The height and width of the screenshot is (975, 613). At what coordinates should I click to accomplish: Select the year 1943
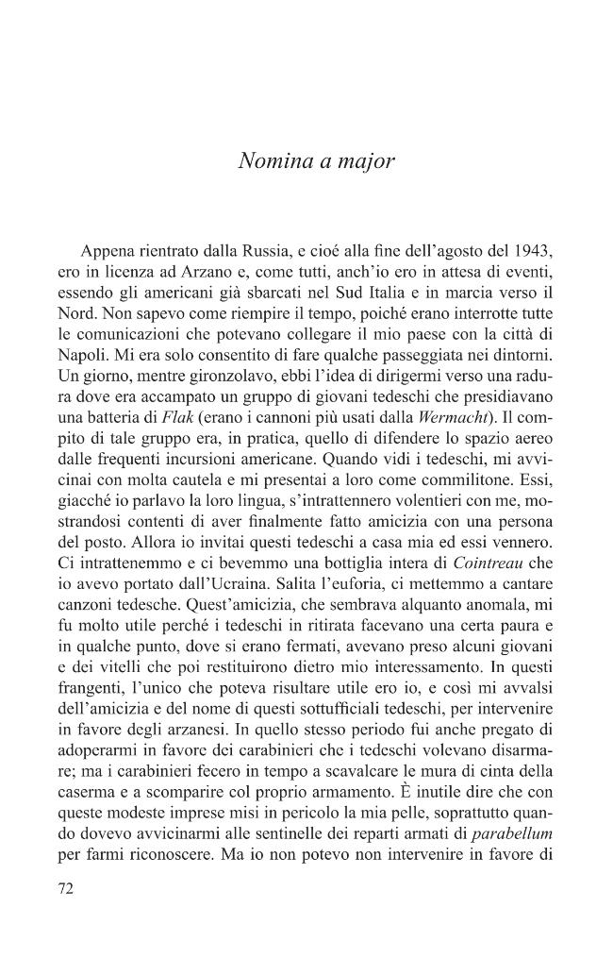528,253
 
